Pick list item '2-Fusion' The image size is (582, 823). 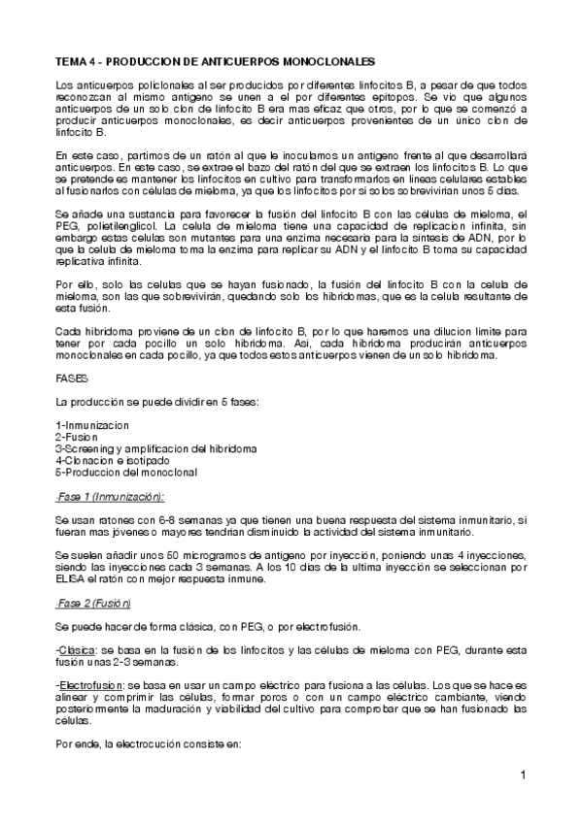[79, 437]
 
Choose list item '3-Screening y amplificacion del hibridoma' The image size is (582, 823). [156, 448]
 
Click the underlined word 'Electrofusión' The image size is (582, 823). [88, 684]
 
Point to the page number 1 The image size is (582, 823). [522, 774]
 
